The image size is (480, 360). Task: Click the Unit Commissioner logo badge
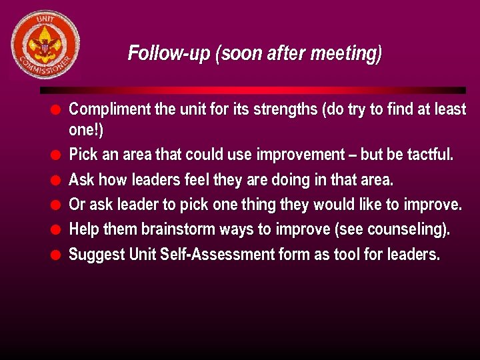[x=45, y=45]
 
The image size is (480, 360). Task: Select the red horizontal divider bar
[x=253, y=90]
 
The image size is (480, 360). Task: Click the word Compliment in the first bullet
[x=110, y=109]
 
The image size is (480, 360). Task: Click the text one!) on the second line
[x=86, y=129]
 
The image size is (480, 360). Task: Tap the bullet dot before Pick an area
[x=57, y=155]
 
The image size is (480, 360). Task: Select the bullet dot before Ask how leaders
[x=57, y=180]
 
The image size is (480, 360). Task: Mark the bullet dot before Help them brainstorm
[x=57, y=230]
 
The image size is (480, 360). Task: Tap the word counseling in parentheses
[x=405, y=230]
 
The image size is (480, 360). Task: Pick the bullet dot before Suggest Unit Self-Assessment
[x=57, y=255]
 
